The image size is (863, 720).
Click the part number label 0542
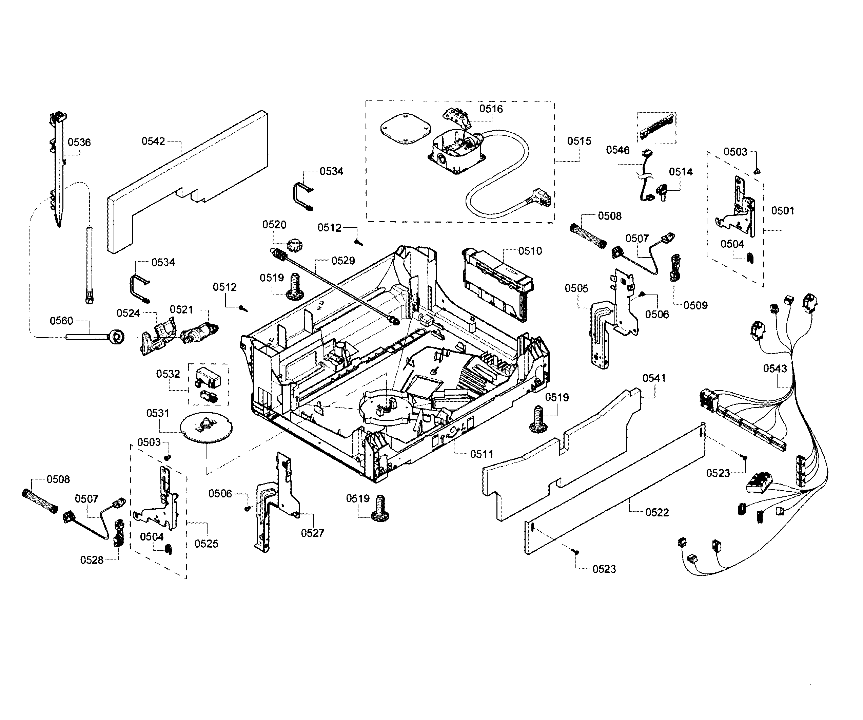tap(153, 141)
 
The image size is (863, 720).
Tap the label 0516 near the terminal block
tap(491, 109)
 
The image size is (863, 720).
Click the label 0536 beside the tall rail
tap(79, 142)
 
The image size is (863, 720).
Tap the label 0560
tap(61, 321)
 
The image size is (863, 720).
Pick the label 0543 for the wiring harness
tap(774, 368)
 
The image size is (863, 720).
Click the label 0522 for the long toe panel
tap(657, 512)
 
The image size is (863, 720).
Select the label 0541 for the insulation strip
tap(654, 378)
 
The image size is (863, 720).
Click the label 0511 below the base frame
tap(481, 454)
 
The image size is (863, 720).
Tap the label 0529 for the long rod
tap(343, 261)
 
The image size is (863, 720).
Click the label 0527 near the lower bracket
tap(312, 533)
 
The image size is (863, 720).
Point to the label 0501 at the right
tap(782, 211)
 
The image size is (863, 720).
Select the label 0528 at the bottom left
tap(92, 560)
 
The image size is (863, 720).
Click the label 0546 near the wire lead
tap(617, 150)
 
